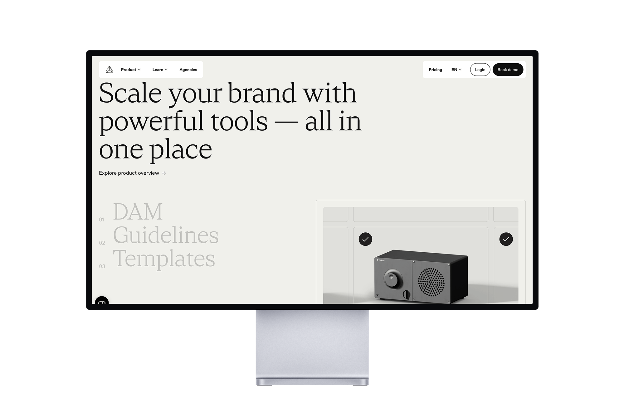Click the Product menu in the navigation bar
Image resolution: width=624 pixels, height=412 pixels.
(x=131, y=70)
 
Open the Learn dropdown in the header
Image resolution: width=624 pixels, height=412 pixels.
(x=160, y=70)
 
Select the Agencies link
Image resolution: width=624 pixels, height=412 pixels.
(x=188, y=70)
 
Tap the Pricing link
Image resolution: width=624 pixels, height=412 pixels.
(x=435, y=70)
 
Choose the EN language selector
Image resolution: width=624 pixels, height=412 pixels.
(x=456, y=70)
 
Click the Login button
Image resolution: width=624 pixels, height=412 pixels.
(x=480, y=70)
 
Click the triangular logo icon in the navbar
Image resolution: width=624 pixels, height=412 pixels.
(x=109, y=70)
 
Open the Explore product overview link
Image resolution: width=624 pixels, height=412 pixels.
(x=132, y=173)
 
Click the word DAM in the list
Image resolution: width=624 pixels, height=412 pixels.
(x=138, y=212)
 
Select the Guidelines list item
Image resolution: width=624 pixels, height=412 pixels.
(x=166, y=235)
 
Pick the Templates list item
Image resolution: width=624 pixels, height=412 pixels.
(x=164, y=259)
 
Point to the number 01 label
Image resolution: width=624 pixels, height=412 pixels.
(x=101, y=220)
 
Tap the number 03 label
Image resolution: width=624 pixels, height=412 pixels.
(x=102, y=266)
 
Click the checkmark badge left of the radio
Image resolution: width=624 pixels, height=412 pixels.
(x=365, y=239)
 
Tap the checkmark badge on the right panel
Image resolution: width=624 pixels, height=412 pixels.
(x=506, y=239)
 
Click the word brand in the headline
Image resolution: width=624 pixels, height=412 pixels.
(x=262, y=93)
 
